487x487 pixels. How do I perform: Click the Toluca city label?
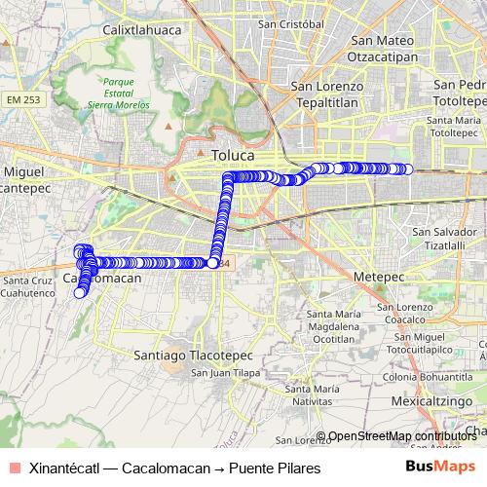coord(232,155)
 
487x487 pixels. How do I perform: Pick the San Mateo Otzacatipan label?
coord(384,49)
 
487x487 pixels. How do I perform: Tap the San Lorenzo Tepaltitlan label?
coord(327,93)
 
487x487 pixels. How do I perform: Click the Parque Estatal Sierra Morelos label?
coord(124,93)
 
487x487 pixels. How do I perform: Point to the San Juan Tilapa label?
coord(223,372)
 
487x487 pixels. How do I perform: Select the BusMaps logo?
coord(440,468)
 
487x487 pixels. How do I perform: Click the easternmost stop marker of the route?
coord(407,169)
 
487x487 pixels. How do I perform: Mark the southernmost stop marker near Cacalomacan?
coord(79,292)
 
